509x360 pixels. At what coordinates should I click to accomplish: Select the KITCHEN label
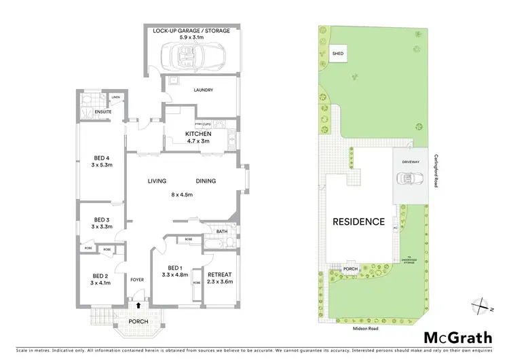tap(199, 134)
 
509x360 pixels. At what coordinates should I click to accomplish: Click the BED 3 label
tap(102, 219)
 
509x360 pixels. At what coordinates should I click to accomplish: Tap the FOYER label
tap(136, 278)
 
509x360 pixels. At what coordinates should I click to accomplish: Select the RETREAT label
tap(219, 256)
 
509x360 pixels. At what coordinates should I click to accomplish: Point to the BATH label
tap(222, 232)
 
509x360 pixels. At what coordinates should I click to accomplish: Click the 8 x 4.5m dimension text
tap(181, 194)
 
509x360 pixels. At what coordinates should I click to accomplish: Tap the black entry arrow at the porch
tap(138, 307)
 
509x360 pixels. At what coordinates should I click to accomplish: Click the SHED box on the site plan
tap(337, 53)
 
